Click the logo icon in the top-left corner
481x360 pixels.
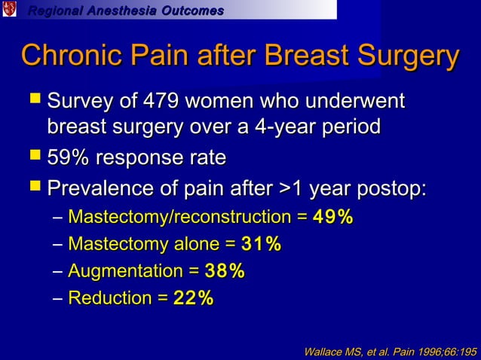coord(9,10)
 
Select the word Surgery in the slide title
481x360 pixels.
coord(409,57)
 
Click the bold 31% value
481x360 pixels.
coord(261,244)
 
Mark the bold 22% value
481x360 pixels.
coord(193,298)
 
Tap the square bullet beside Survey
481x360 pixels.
coord(33,101)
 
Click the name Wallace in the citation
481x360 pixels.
coord(323,351)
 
